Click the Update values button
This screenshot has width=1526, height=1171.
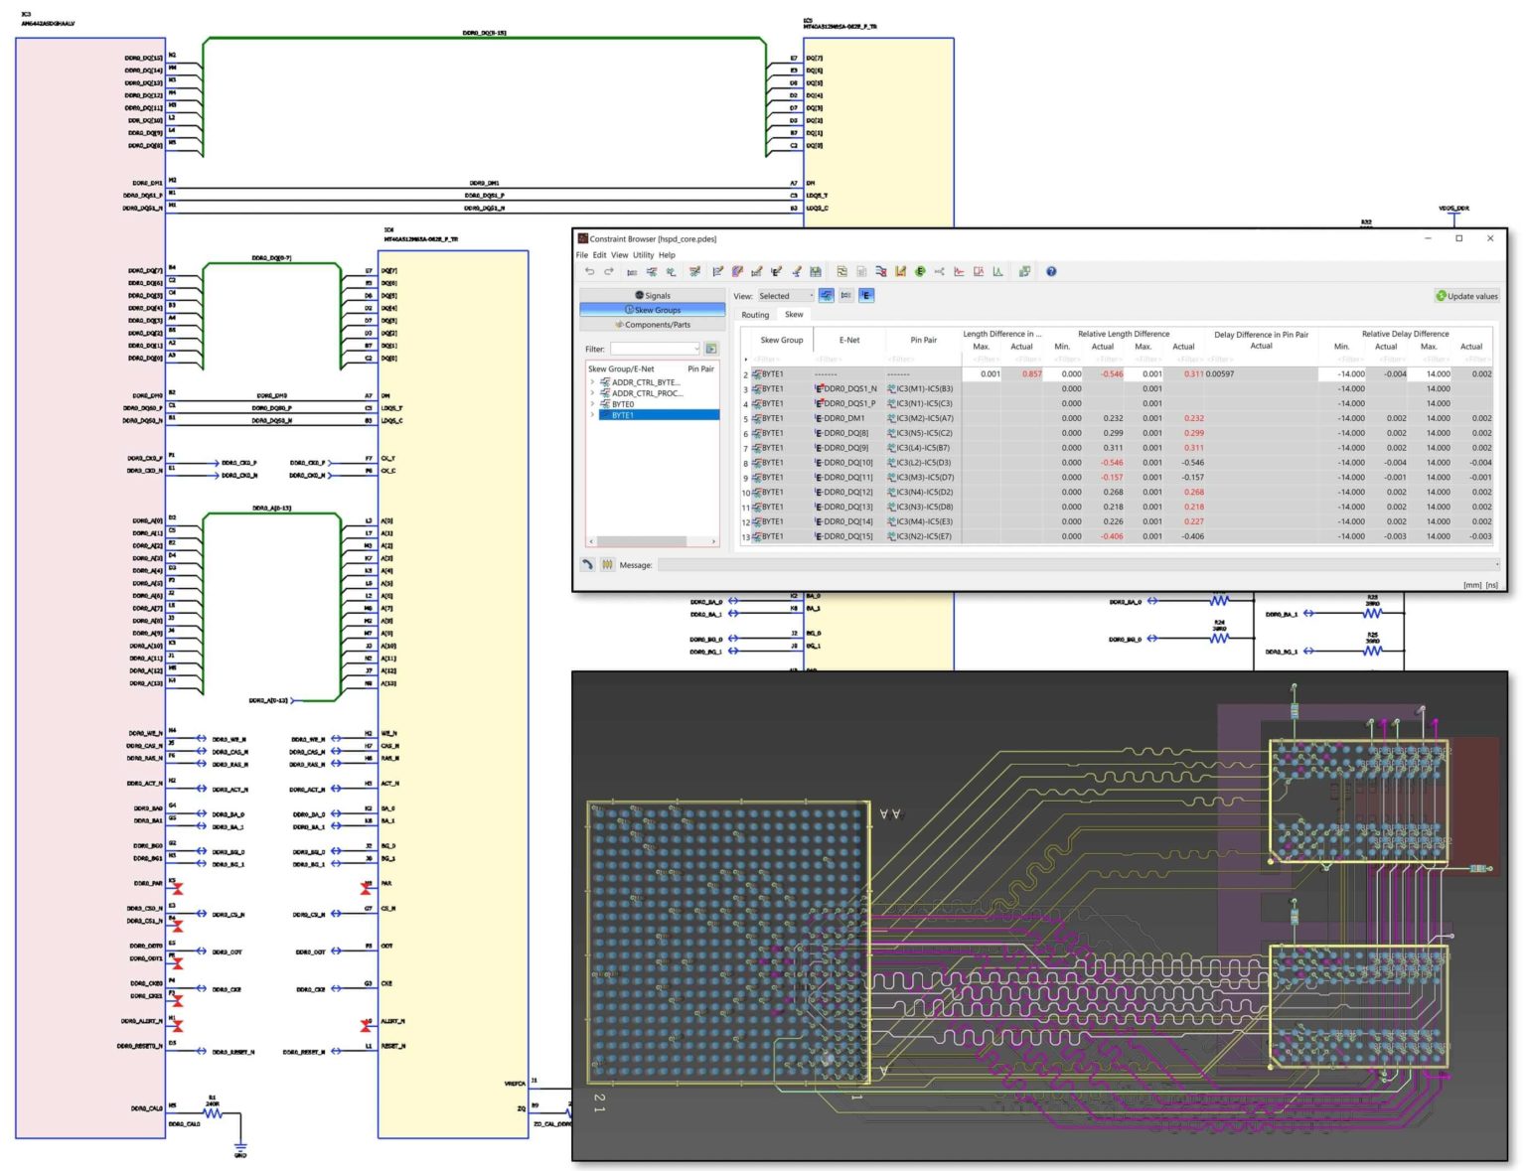tap(1466, 296)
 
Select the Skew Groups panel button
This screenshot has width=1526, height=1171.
tap(653, 310)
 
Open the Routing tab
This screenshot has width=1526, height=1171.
tap(755, 315)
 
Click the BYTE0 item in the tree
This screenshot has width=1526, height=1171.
tap(623, 404)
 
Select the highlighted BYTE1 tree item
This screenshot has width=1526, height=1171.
tap(623, 415)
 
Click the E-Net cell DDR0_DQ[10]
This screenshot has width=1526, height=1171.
tap(847, 463)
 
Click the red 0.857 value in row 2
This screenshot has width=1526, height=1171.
tap(1031, 374)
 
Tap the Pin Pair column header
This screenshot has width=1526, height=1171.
tap(923, 340)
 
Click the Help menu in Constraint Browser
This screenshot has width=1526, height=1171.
tap(667, 255)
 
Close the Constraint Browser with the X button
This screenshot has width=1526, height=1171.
tap(1489, 238)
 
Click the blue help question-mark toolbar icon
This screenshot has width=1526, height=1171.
tap(1050, 271)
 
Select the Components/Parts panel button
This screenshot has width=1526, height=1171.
tap(653, 325)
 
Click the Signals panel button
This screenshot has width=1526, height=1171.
tap(653, 296)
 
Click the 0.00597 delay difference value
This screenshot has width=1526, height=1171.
tap(1220, 374)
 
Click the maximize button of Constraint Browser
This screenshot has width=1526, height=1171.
tap(1458, 238)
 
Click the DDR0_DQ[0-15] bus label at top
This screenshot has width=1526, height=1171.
tap(485, 33)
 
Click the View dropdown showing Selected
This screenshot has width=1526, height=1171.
tap(785, 296)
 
